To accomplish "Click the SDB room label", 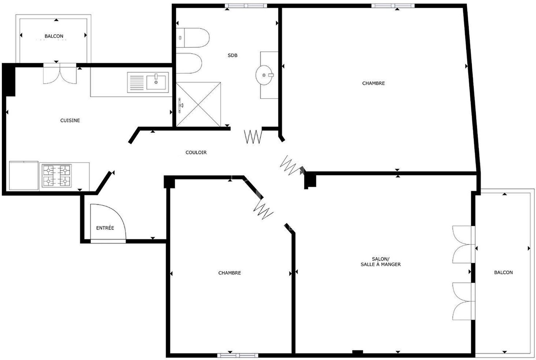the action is [232, 55].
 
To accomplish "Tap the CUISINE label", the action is [70, 120].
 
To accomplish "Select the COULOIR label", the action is [196, 152].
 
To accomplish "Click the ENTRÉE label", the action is [105, 228].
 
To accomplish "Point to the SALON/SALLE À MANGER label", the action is [381, 261].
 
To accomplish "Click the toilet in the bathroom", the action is [193, 38].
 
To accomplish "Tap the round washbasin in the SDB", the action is [264, 75].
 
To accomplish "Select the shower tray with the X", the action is [198, 104].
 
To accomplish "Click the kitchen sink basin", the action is [156, 82].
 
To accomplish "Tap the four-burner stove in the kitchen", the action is [57, 176].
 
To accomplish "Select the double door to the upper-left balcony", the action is [60, 73].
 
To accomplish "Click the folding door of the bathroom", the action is [253, 136].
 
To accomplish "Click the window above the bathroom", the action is [246, 6].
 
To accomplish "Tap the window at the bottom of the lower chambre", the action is [238, 355].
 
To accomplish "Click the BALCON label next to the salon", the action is [504, 272].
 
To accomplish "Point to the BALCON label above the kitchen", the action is [54, 36].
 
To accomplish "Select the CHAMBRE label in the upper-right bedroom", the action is [374, 83].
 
